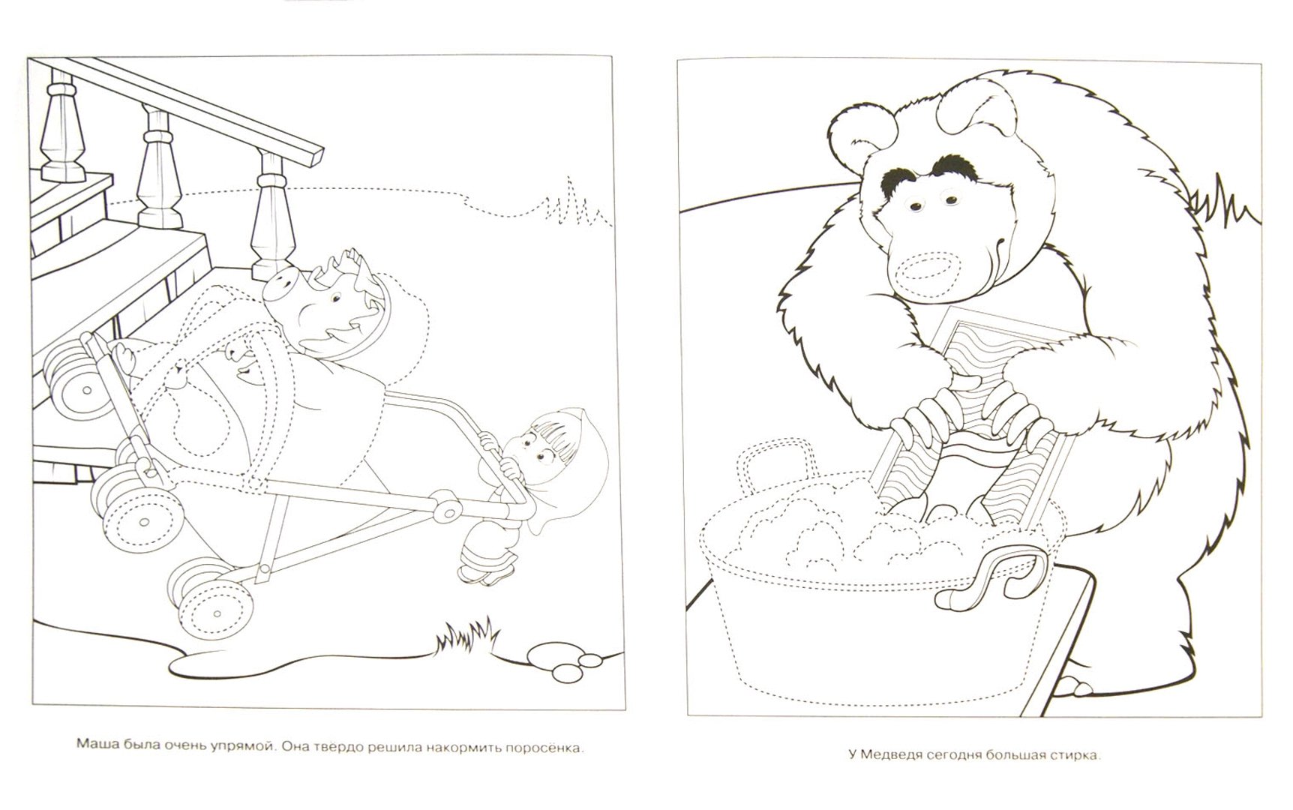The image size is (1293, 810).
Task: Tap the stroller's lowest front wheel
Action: pos(201,592)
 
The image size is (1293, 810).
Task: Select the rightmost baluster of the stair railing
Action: pos(267,213)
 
